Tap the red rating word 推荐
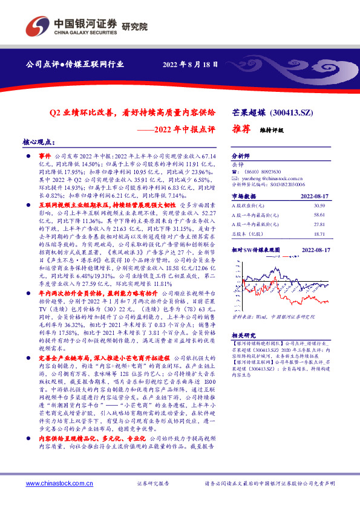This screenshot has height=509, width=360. click(242, 129)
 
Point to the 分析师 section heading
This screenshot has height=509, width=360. click(241, 155)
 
